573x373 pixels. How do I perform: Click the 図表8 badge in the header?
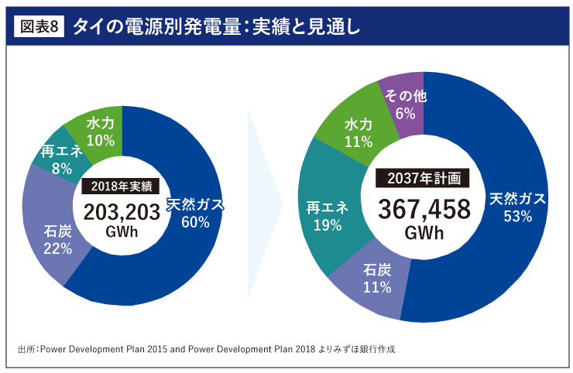[x=39, y=26]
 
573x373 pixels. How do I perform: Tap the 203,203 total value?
[x=121, y=211]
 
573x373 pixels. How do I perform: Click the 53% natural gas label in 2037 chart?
[x=517, y=217]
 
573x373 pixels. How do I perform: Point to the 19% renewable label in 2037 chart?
[x=328, y=226]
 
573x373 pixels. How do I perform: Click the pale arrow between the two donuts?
[x=261, y=205]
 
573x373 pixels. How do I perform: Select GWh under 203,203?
[x=120, y=231]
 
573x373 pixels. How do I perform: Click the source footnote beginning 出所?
[x=206, y=349]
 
